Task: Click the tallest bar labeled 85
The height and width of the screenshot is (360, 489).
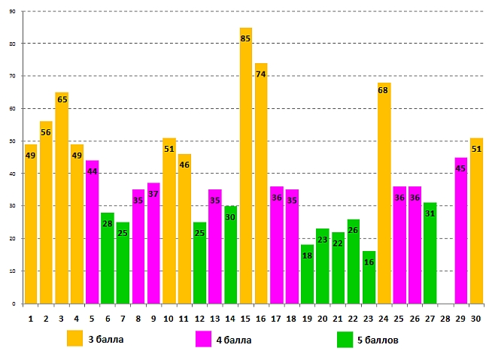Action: pos(246,165)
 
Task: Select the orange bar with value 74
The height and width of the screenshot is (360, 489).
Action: pos(261,188)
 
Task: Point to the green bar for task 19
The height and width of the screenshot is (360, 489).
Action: pos(307,278)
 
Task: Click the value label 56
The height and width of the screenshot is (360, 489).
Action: pos(46,132)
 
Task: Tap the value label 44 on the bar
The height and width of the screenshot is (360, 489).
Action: pos(92,171)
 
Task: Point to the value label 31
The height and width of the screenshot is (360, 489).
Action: pos(430,213)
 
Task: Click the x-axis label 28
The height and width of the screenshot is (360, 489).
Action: pos(445,319)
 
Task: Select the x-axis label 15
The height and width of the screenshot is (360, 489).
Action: pos(246,319)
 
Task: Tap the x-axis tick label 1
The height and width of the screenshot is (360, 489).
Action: pos(31,319)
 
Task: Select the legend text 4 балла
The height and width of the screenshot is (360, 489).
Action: pos(232,340)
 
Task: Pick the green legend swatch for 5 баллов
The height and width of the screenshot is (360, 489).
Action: pos(345,340)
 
